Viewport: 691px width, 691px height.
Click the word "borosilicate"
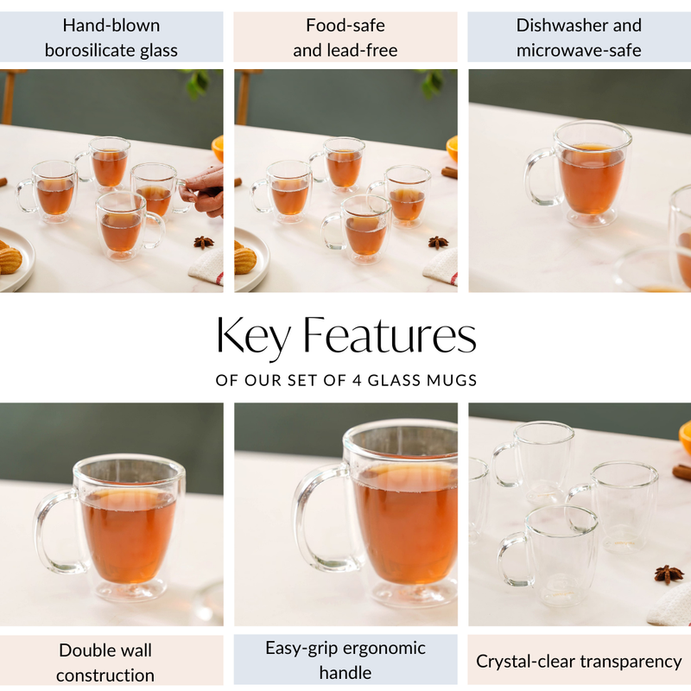point(86,50)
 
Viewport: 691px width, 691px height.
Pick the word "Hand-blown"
point(111,25)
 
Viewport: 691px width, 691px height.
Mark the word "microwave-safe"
point(579,50)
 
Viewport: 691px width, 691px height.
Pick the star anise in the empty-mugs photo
point(668,574)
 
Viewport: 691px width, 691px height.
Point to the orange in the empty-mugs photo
point(685,437)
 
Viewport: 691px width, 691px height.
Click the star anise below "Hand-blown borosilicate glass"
point(204,242)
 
